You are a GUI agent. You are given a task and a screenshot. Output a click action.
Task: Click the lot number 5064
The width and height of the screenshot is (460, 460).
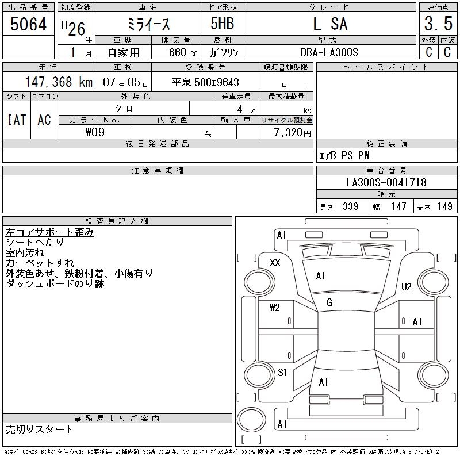[x=28, y=24]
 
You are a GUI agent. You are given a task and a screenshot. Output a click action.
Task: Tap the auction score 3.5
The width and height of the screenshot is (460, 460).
[x=438, y=24]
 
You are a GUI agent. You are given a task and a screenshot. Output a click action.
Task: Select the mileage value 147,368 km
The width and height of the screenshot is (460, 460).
[x=59, y=82]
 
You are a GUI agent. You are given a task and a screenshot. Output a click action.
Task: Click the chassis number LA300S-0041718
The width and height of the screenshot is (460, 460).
[x=386, y=182]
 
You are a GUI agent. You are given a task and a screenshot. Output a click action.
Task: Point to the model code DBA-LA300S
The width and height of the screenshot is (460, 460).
[x=329, y=52]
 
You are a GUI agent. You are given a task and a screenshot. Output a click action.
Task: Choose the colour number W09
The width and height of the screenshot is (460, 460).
[x=95, y=132]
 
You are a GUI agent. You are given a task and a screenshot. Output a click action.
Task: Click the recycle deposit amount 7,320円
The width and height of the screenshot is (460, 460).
[x=292, y=133]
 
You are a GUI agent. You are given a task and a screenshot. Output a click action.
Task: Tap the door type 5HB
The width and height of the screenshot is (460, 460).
[x=223, y=24]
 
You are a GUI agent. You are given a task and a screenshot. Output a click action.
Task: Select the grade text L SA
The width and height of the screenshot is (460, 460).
[x=330, y=24]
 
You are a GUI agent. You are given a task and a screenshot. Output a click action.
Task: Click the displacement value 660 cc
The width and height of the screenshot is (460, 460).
[x=183, y=52]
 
